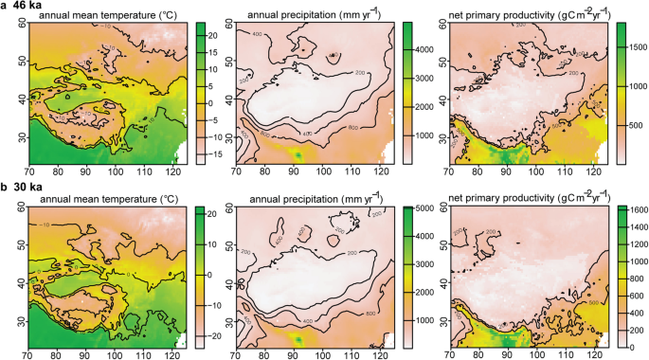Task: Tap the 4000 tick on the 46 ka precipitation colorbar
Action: tap(421, 48)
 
